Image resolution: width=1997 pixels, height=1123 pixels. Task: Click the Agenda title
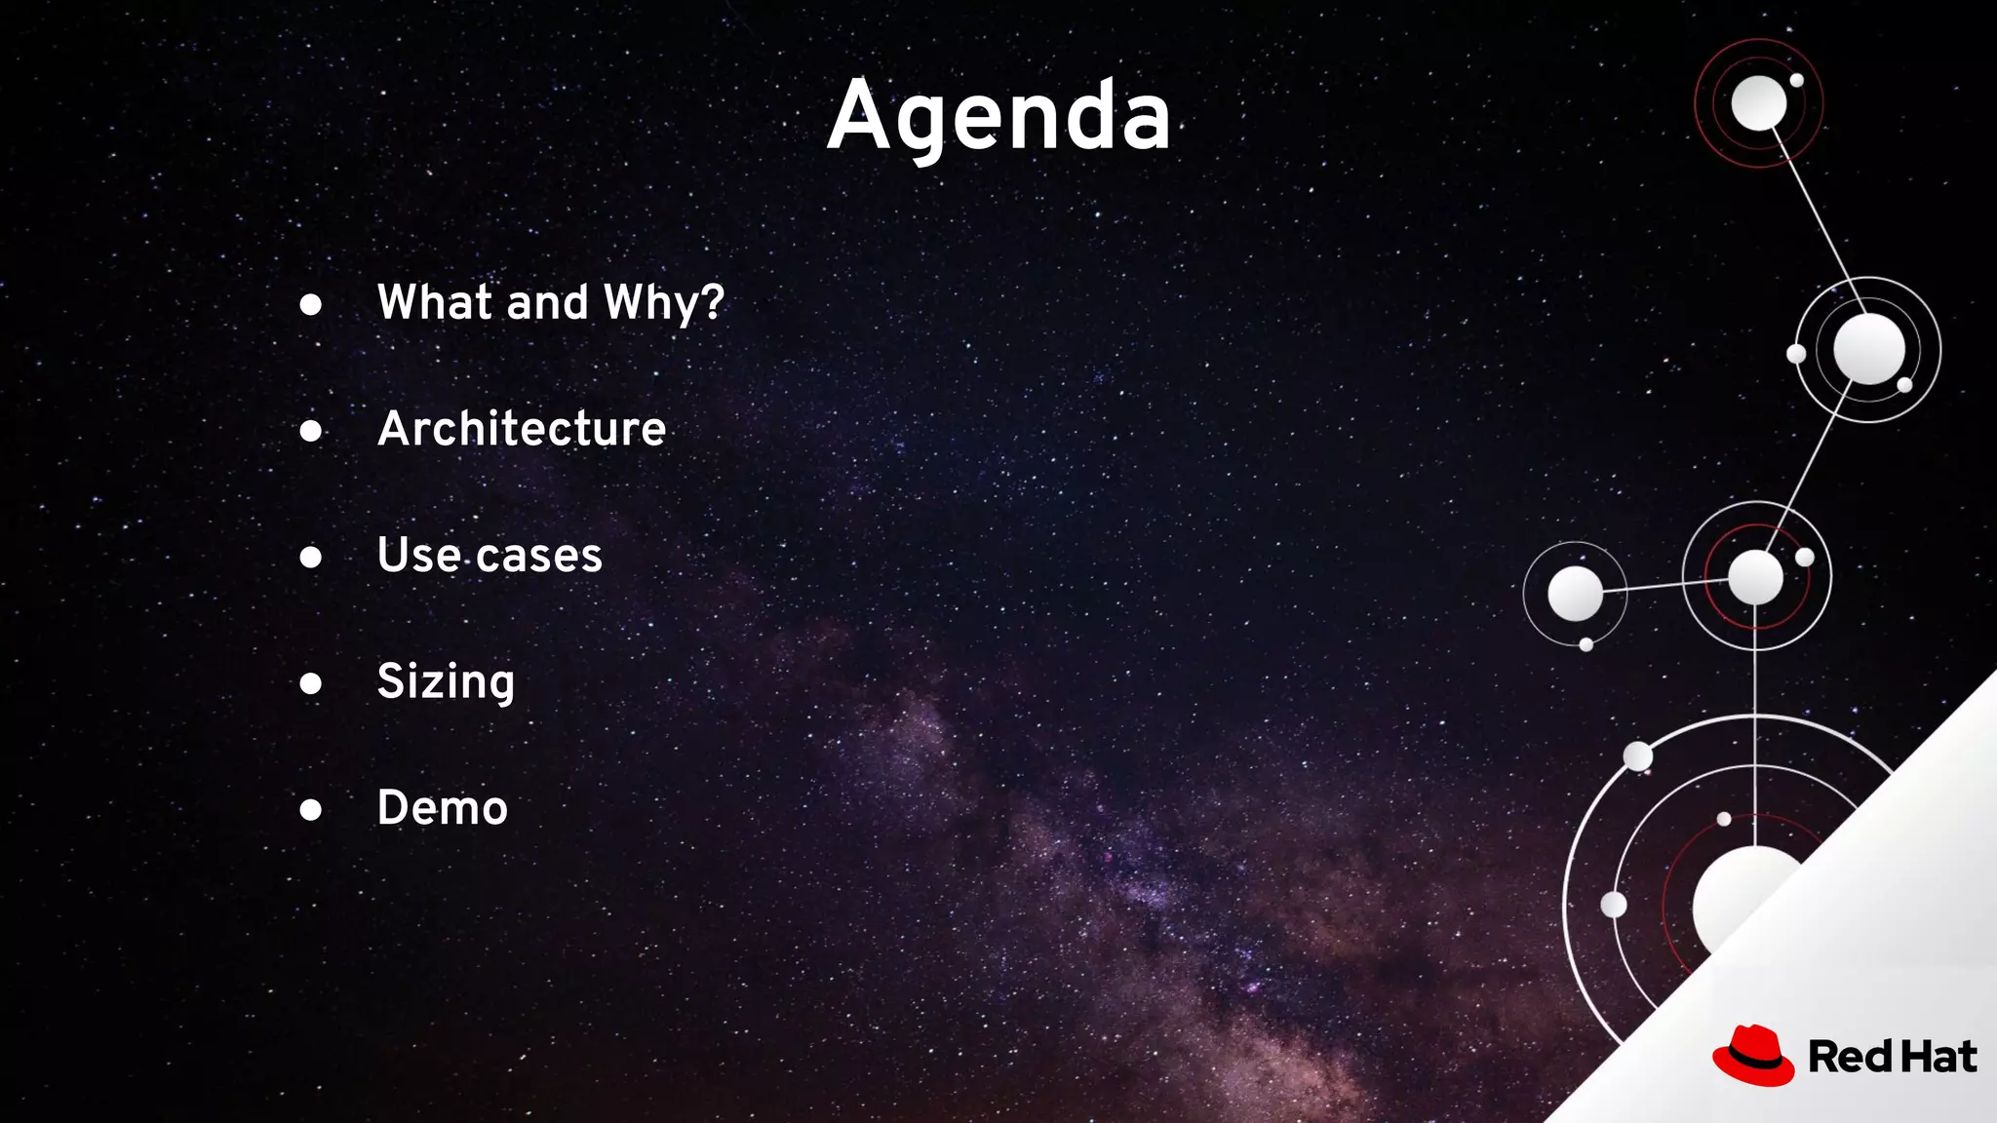click(x=998, y=117)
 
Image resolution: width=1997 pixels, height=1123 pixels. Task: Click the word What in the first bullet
click(x=435, y=302)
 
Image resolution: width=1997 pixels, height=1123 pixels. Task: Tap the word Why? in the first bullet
click(x=664, y=303)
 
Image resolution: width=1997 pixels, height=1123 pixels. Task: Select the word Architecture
click(x=522, y=429)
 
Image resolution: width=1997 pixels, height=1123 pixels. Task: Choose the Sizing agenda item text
click(x=446, y=681)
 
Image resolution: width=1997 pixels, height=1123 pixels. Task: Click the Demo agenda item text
click(x=443, y=808)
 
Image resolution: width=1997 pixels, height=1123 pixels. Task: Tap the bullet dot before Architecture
click(x=311, y=431)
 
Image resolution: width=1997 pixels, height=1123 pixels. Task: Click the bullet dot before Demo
click(x=311, y=809)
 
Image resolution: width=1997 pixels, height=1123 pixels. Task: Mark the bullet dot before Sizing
click(x=311, y=683)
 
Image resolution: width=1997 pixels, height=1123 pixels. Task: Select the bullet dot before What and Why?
click(x=311, y=305)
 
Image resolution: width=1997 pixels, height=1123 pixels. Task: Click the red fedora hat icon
click(x=1753, y=1056)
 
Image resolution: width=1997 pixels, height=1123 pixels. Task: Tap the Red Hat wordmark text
click(x=1892, y=1057)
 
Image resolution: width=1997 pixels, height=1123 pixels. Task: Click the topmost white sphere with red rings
click(x=1758, y=102)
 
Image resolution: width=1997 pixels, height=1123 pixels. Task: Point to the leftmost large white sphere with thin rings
click(x=1575, y=593)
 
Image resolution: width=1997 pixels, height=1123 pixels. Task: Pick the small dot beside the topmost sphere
click(x=1796, y=80)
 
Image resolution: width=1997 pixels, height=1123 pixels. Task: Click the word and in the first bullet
click(x=547, y=302)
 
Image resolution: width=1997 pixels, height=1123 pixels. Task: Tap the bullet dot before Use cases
click(x=311, y=557)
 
